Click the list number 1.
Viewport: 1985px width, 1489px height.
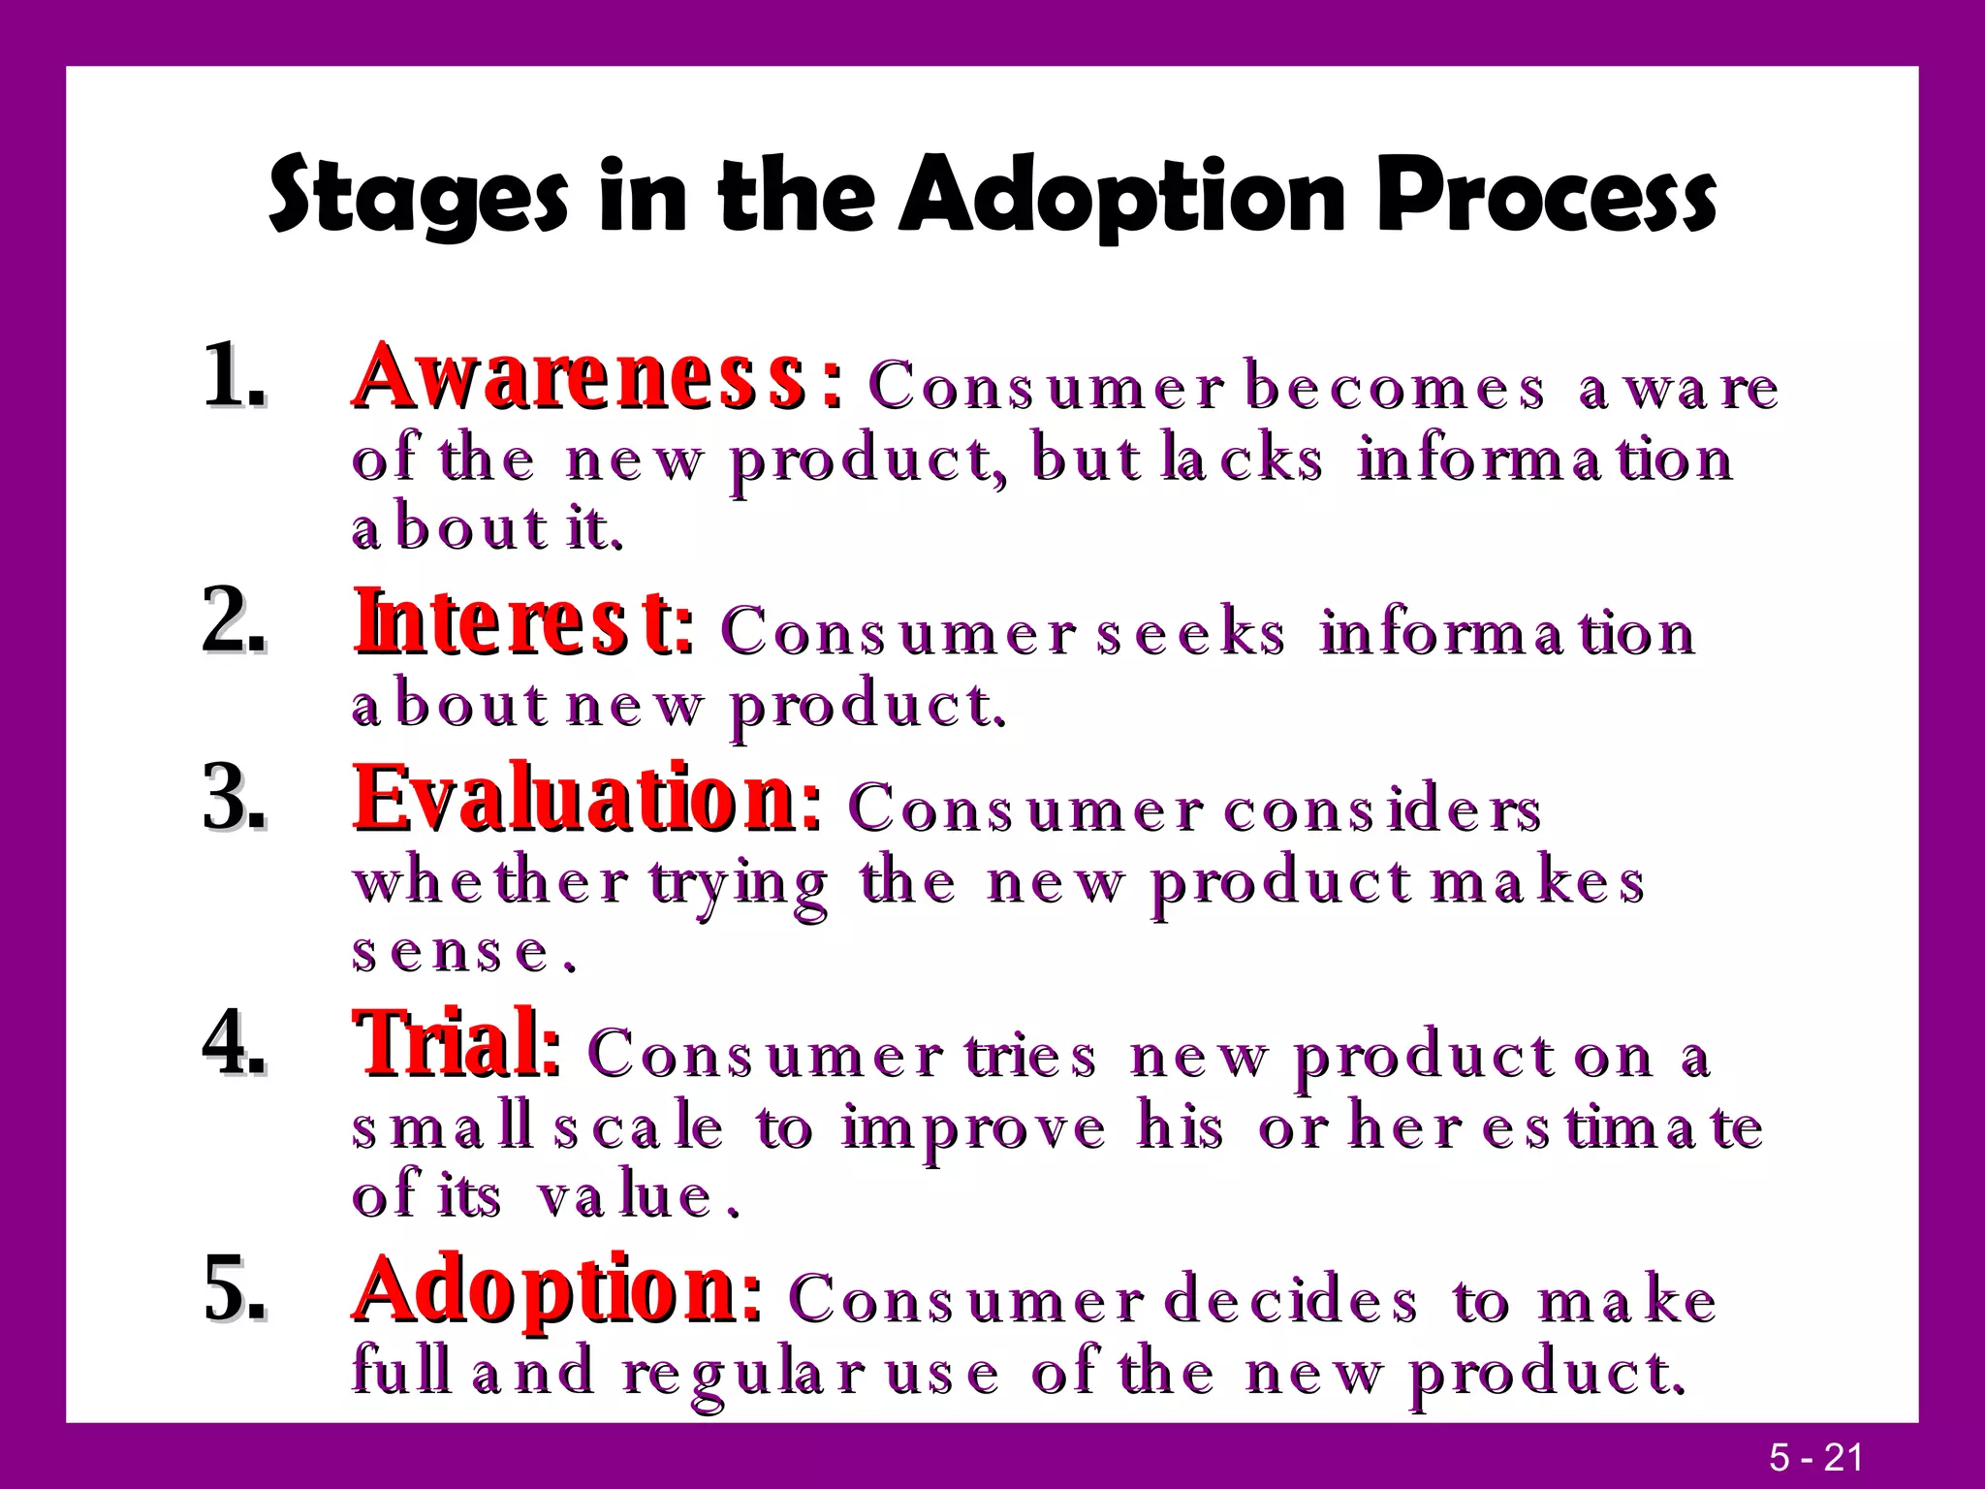click(233, 375)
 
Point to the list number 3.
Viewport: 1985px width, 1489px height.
click(233, 801)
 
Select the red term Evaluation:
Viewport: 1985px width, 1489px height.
click(586, 799)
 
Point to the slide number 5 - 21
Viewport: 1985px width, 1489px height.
click(1815, 1458)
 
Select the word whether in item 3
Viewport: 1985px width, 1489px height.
click(489, 882)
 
